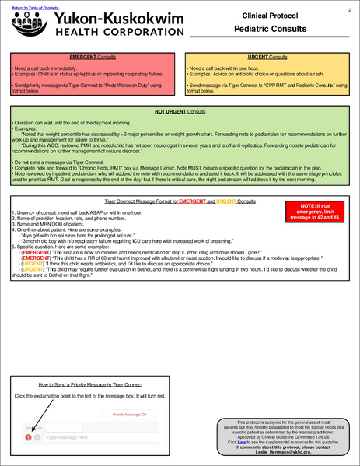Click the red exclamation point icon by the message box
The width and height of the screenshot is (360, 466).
(27, 437)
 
